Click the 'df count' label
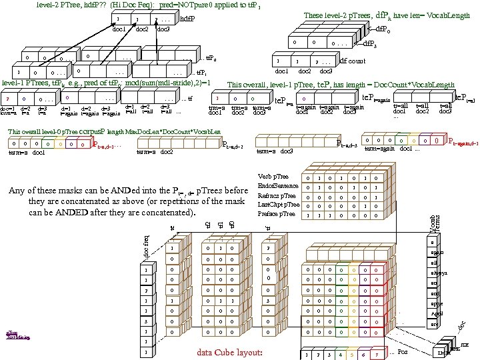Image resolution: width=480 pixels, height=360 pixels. tap(353, 61)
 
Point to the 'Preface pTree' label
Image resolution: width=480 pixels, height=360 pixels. tap(276, 214)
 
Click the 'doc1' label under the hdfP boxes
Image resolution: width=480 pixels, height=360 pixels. tap(119, 29)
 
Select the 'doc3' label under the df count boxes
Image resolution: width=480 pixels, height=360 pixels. tap(326, 71)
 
